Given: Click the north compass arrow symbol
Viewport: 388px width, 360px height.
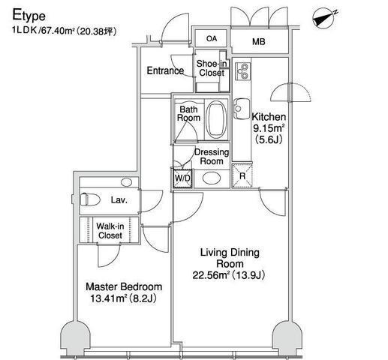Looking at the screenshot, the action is pos(324,19).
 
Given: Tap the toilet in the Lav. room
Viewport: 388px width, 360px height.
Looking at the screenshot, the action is pos(90,199).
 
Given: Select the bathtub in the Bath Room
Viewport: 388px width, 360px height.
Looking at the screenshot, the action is pos(217,119).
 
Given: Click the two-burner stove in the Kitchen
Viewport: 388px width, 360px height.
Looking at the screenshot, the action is pos(242,71).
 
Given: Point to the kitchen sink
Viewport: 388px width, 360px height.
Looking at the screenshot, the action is pos(242,109).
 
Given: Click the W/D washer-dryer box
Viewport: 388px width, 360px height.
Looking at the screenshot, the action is pos(182,178).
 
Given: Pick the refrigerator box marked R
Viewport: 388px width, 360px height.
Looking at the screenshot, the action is pos(242,176).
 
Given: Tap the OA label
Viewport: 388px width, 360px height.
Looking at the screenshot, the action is pos(212,39).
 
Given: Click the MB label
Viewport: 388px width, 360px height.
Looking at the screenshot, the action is pos(259,41).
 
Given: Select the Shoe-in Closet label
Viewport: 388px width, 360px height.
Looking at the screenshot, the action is pos(212,68).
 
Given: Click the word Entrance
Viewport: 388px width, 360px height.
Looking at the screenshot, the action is pos(165,70).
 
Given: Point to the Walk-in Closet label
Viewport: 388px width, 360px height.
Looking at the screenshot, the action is pos(110,230).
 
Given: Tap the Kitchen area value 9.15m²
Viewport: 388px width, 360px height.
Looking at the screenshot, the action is pos(269,128).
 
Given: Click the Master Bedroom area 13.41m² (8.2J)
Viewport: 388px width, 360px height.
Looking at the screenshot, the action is pos(123,298).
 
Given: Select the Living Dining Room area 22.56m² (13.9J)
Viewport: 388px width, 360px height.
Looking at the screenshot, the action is pos(229,275).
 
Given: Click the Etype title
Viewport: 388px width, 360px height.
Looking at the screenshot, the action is pos(29,16).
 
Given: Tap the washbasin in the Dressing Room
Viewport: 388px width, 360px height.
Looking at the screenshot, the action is pos(212,178).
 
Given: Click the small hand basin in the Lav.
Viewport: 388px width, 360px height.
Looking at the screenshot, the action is pos(126,182).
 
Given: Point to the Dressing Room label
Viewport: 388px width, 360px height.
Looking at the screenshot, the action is pos(212,157).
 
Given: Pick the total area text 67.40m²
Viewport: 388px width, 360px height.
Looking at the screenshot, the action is pos(58,31).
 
